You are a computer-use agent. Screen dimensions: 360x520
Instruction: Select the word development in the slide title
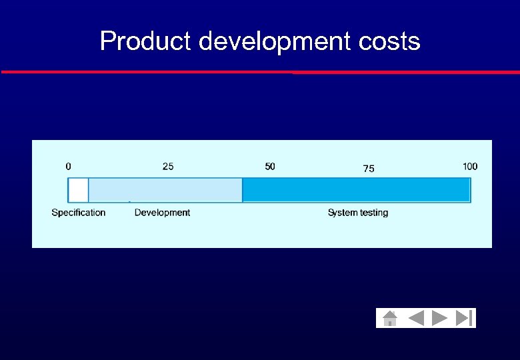coord(273,41)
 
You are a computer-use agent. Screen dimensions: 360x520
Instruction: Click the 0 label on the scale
coord(69,166)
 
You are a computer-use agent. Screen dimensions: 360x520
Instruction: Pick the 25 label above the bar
coord(168,166)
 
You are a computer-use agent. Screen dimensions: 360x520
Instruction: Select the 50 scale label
coord(269,166)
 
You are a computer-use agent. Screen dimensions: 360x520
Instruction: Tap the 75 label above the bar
coord(369,169)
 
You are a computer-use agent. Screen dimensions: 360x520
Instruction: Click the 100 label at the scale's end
coord(470,166)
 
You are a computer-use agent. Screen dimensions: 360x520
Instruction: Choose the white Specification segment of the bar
coord(78,190)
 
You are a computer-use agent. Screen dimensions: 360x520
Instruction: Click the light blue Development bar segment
coord(165,190)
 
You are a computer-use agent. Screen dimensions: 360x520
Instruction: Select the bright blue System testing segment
coord(356,190)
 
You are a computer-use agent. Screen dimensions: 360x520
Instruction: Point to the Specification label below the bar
coord(79,213)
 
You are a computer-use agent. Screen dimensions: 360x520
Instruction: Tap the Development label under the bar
coord(162,213)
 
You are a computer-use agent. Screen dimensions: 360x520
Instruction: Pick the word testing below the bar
coord(373,213)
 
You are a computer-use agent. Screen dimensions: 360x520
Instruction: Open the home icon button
coord(390,318)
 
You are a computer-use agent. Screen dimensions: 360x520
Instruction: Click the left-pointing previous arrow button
coord(416,318)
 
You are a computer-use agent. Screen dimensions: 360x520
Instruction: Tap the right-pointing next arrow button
coord(439,318)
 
